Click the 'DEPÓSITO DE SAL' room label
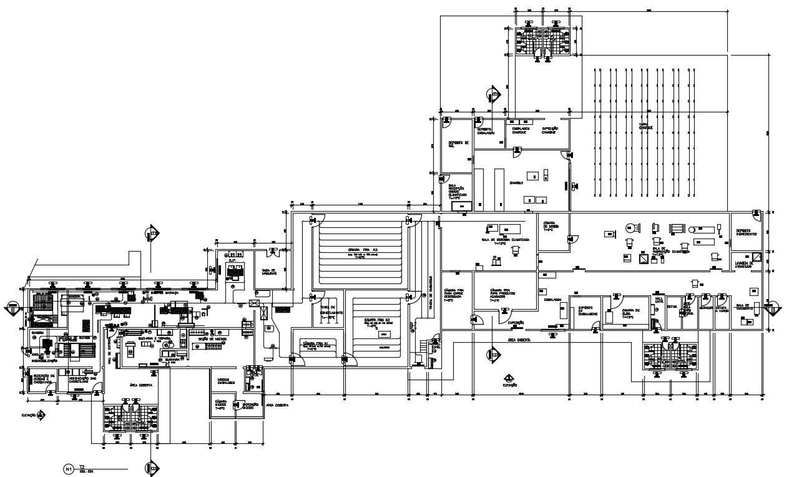[x=458, y=144]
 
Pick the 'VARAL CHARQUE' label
[x=645, y=127]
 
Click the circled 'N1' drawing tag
[x=69, y=468]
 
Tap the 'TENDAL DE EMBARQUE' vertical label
[x=430, y=290]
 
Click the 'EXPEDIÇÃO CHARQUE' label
[x=549, y=130]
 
